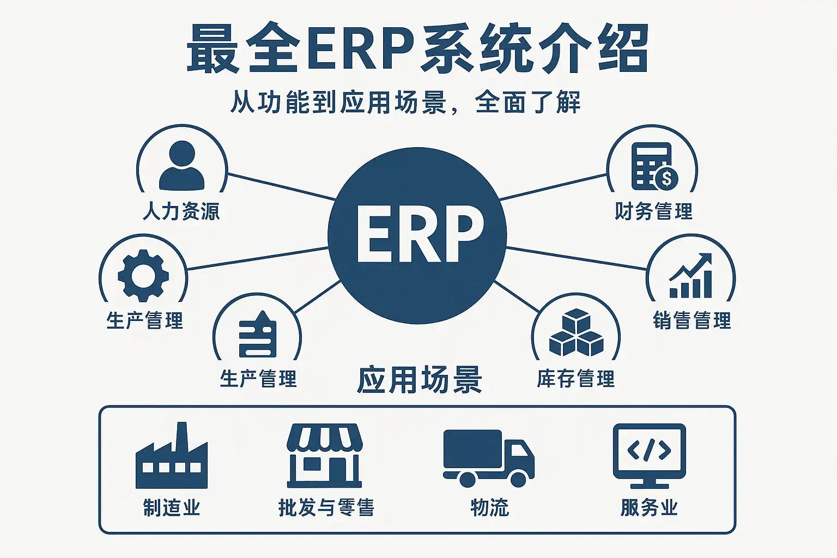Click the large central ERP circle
417,235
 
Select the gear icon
143,275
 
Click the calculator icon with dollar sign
653,166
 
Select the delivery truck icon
488,458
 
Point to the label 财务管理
653,211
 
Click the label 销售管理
692,320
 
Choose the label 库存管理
575,379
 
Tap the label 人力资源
181,211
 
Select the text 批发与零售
326,507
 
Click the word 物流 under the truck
489,507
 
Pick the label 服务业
649,507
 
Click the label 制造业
172,507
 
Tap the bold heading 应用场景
420,380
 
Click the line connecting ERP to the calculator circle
553,187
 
